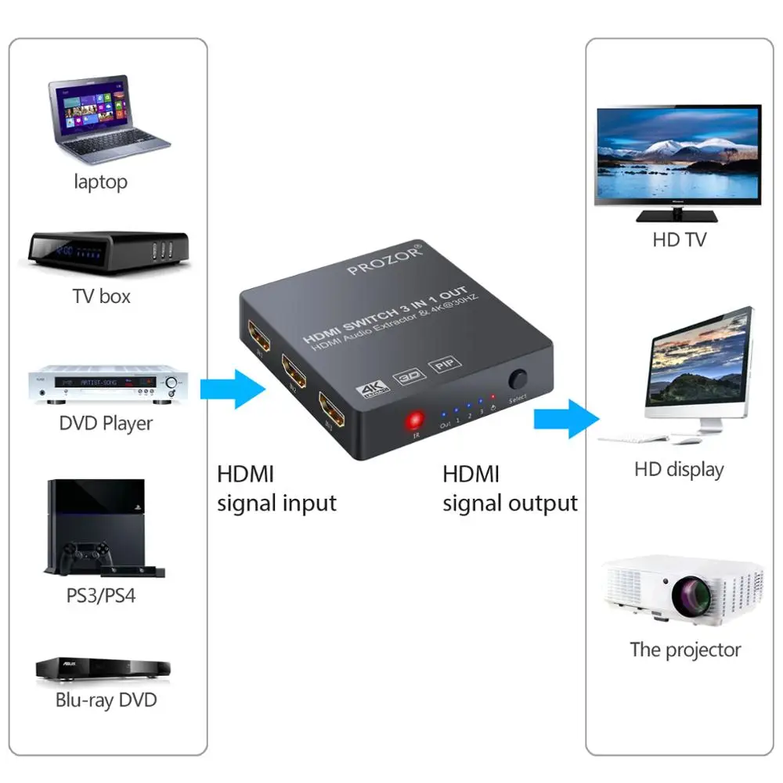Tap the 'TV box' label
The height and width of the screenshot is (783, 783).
[101, 297]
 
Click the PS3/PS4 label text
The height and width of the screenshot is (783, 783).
[100, 595]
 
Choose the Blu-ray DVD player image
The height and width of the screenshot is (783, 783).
[103, 669]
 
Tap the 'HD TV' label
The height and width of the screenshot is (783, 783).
[679, 240]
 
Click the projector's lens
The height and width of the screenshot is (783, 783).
[689, 596]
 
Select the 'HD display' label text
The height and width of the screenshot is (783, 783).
[678, 470]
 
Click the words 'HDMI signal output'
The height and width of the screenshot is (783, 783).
[510, 489]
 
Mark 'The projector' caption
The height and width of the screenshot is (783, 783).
[685, 649]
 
